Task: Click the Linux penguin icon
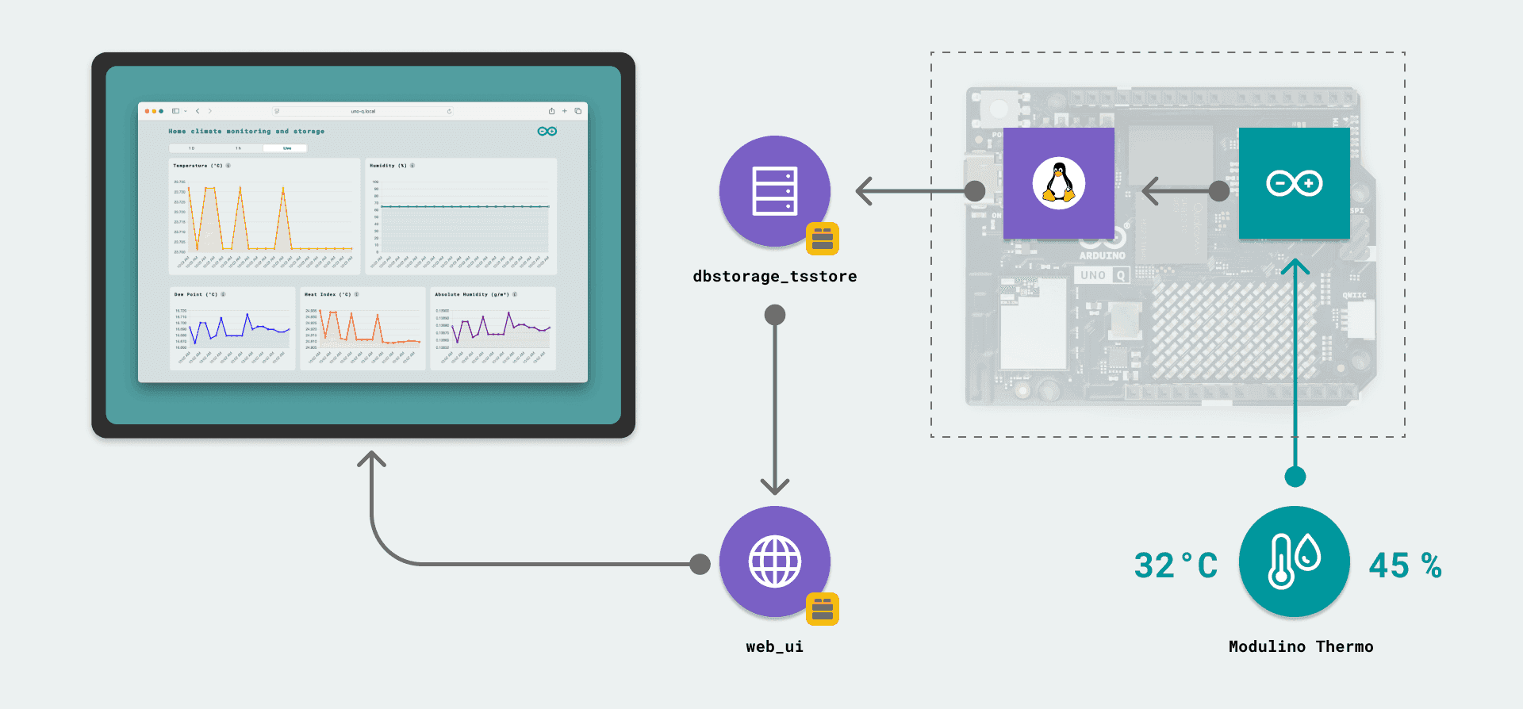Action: point(1058,183)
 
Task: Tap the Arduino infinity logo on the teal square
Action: point(1294,183)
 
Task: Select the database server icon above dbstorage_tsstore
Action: point(774,191)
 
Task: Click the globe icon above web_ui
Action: point(774,561)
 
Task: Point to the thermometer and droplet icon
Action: point(1294,561)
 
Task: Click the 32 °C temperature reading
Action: point(1176,565)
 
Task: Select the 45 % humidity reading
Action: point(1405,565)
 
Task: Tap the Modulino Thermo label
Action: point(1300,646)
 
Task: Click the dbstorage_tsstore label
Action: point(774,276)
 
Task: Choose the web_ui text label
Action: point(774,646)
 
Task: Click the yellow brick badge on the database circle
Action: point(823,239)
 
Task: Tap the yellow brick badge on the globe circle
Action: point(823,609)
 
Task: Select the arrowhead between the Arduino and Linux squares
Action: point(1150,191)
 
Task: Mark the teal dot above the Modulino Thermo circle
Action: point(1295,477)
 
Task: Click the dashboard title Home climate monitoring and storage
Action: point(246,132)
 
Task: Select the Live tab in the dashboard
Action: point(287,148)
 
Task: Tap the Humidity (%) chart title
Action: point(388,166)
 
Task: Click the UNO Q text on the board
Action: point(1103,275)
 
